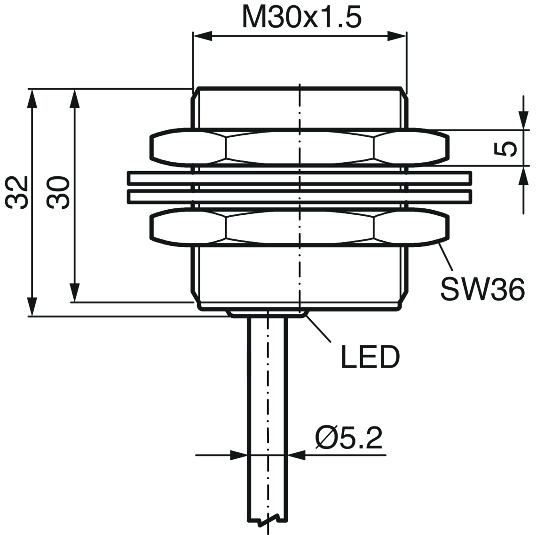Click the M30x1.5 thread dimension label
(301, 18)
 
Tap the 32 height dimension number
(16, 192)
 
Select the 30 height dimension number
(58, 192)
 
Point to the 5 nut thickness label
(505, 149)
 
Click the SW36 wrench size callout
(482, 289)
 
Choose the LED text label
(370, 357)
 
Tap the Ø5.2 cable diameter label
(349, 438)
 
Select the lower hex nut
(299, 228)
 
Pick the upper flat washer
(300, 178)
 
